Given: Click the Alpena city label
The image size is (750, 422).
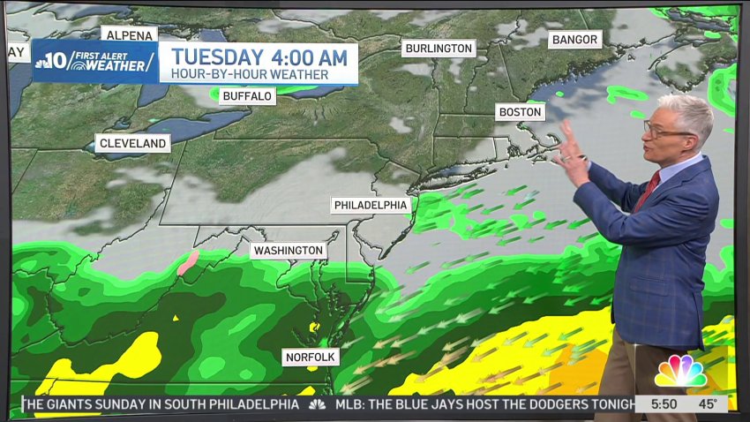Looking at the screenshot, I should click(x=130, y=34).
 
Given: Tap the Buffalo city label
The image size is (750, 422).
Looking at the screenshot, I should click(x=247, y=95).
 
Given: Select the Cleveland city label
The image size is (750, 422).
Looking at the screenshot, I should click(x=133, y=143).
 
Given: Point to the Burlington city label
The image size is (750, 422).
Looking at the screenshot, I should click(x=439, y=49).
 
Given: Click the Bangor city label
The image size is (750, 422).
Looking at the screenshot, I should click(x=574, y=40).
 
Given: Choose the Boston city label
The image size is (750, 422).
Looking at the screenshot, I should click(x=520, y=112).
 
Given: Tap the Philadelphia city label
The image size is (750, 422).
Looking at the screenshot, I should click(x=371, y=205).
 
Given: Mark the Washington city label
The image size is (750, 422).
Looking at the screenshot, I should click(x=288, y=251).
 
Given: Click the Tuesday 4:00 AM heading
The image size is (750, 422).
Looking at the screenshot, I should click(x=259, y=57).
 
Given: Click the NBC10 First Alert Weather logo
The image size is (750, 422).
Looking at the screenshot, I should click(x=95, y=61).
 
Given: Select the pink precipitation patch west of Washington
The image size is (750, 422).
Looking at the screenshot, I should click(x=187, y=261).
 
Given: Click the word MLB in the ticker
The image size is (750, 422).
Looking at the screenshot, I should click(x=350, y=404).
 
